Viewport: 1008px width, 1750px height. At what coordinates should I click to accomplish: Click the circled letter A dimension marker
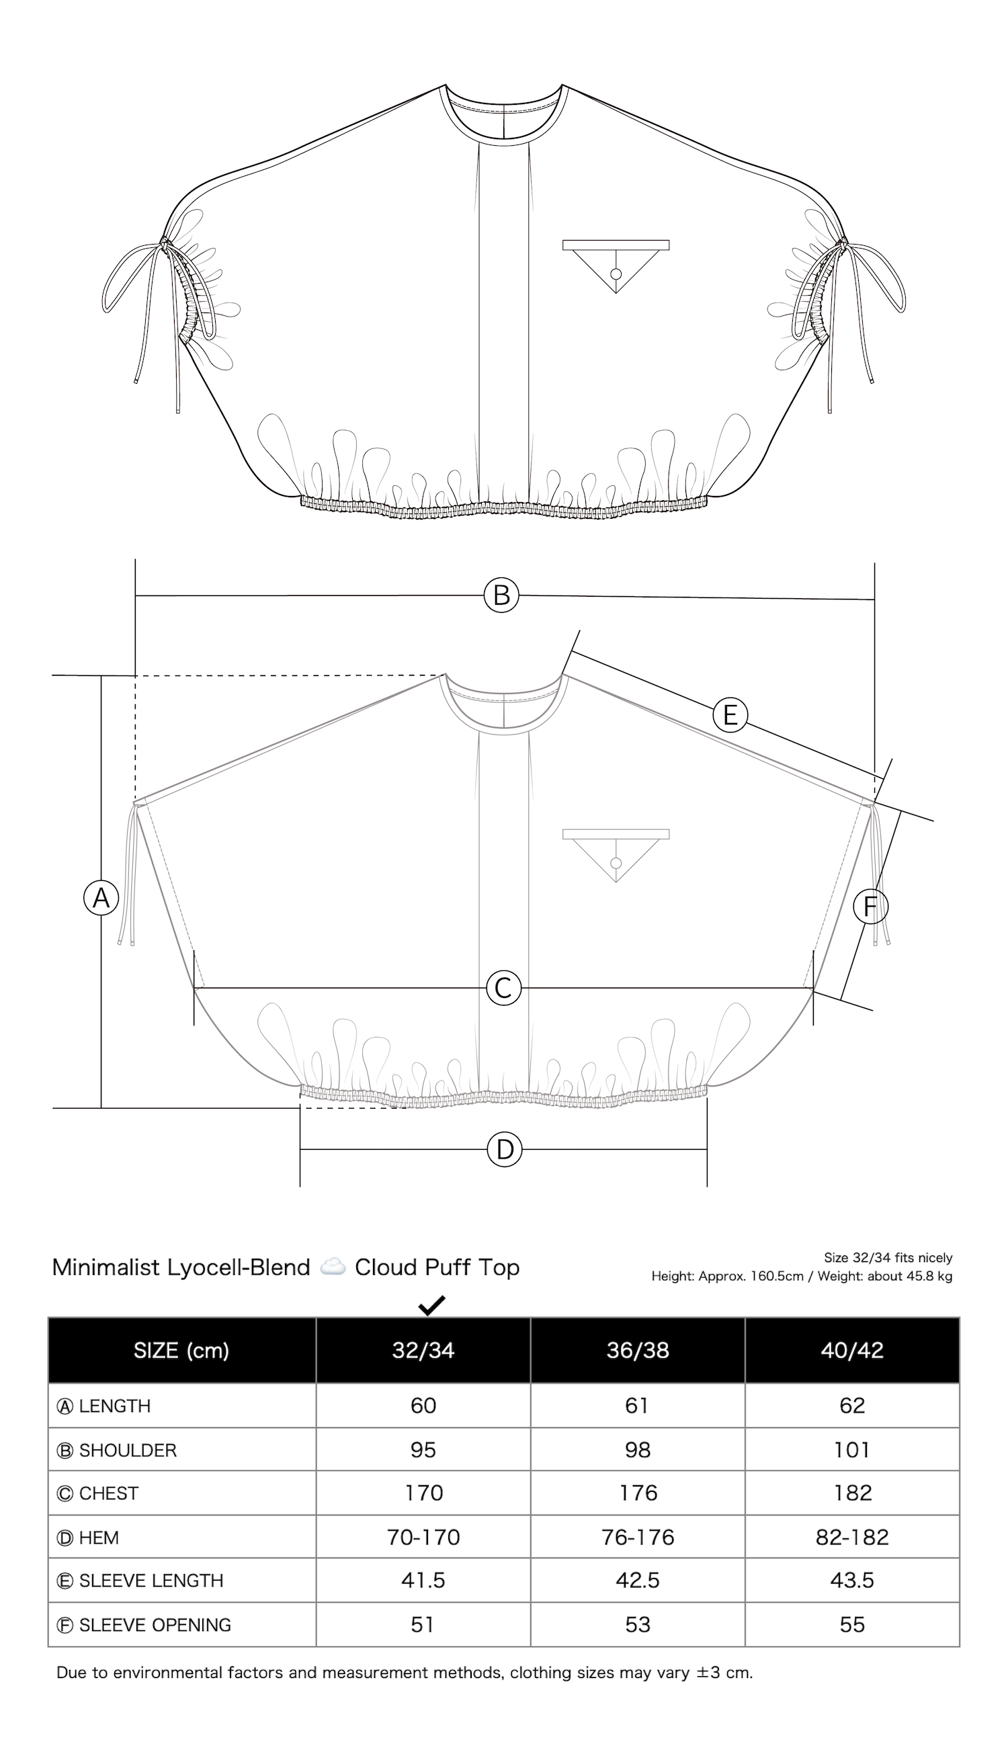point(101,898)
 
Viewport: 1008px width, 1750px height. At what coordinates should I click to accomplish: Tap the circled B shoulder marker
point(501,595)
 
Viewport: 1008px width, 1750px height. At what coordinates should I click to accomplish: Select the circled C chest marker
point(503,989)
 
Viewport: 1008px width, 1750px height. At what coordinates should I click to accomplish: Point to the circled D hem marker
point(505,1150)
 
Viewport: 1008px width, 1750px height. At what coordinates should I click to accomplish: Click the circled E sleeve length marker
point(730,714)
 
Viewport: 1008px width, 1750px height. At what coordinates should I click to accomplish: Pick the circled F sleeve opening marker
point(871,907)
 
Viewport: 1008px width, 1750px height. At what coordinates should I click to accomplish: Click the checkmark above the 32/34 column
point(431,1306)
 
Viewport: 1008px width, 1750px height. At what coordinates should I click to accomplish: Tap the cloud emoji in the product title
point(333,1267)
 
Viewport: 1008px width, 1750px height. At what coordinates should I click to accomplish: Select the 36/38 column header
point(638,1350)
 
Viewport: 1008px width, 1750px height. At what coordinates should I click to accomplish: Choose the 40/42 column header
point(852,1350)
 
